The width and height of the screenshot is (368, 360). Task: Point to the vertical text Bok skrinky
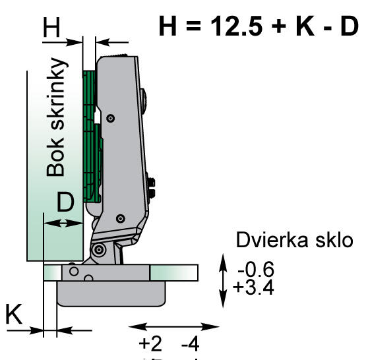[57, 119]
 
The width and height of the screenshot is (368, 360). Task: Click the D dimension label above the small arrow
[64, 203]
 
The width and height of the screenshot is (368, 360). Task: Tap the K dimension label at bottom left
[15, 315]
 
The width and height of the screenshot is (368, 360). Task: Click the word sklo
[335, 240]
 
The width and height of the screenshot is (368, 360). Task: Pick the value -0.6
[254, 270]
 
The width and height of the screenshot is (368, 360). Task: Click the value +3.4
[254, 288]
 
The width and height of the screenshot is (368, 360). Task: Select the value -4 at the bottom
[192, 345]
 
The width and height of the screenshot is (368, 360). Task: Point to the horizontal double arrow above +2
[173, 326]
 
